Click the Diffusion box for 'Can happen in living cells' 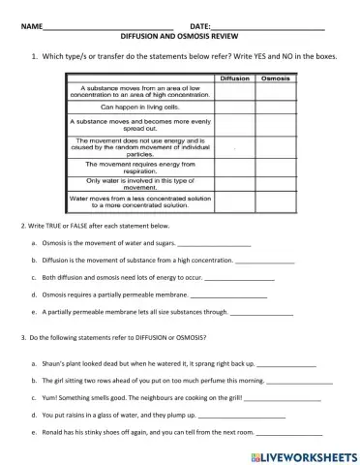[234, 108]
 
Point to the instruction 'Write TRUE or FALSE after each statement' [87, 227]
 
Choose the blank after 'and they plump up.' [240, 415]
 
